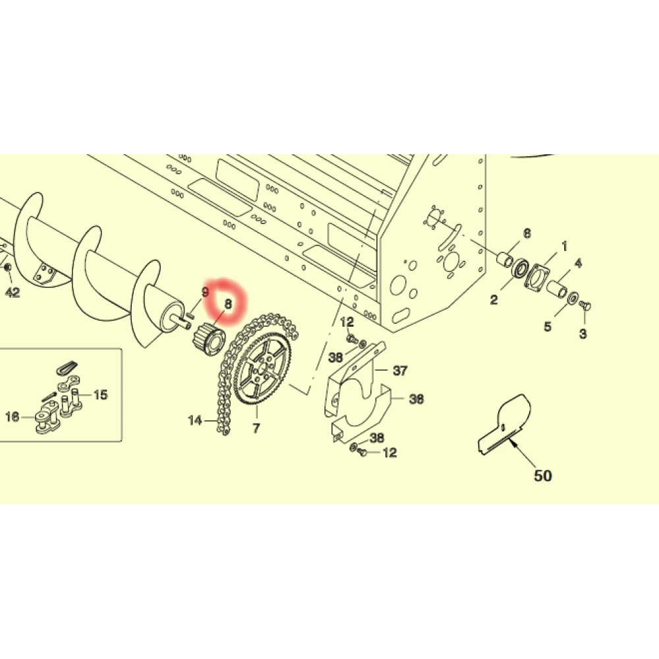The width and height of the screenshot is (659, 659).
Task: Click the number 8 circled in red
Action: coord(228,304)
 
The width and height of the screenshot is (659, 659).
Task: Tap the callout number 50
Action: coord(542,476)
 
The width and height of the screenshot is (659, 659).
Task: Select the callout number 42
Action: coord(13,292)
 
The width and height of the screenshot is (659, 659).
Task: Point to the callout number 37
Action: coord(400,370)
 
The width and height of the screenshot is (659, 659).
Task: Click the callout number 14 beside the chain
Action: coord(195,420)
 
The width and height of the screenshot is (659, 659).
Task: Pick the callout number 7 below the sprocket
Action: coord(256,428)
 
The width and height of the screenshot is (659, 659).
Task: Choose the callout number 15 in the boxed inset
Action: coord(100,395)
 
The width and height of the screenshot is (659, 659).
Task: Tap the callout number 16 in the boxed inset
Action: coord(12,417)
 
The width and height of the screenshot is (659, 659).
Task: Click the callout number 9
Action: coord(205,292)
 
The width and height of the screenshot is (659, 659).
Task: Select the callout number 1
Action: coord(565,246)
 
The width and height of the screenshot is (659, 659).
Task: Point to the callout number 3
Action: coord(583,333)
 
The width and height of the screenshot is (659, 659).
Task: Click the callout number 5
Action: coord(547,326)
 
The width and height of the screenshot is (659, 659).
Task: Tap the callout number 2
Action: coord(494,300)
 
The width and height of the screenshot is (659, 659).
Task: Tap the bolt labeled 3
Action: coord(585,306)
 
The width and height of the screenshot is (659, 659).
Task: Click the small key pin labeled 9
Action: coord(189,315)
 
